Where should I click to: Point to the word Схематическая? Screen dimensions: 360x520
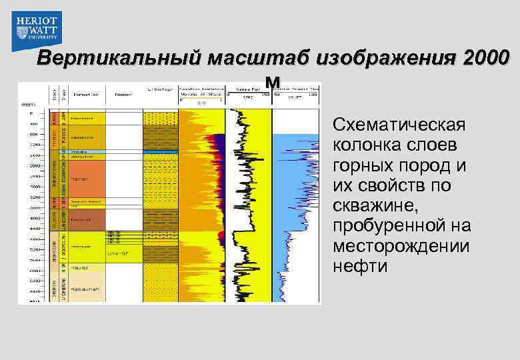399,125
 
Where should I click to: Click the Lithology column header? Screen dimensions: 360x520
160,89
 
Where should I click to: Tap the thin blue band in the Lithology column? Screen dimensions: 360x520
160,153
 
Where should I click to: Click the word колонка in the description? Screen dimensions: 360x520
368,145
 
